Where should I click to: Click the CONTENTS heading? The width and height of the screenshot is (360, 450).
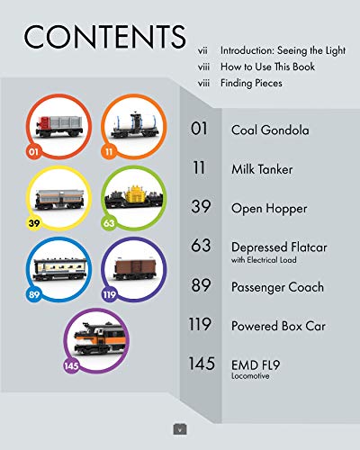coord(104,37)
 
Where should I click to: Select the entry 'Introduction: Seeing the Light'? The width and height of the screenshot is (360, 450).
coord(283,50)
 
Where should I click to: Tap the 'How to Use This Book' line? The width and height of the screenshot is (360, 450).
coord(267,67)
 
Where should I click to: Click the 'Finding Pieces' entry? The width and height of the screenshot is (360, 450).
coord(251,83)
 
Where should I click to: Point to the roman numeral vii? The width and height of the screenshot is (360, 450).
coord(202,50)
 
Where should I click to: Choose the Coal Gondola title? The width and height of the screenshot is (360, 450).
coord(270,130)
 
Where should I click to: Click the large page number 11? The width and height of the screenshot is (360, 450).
coord(199,167)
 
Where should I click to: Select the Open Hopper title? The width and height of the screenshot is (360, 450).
coord(269,209)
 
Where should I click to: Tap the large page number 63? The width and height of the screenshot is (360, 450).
coord(201,246)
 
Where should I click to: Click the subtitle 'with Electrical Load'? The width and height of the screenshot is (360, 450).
coord(264,260)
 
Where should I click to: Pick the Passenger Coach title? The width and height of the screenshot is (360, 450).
coord(277,287)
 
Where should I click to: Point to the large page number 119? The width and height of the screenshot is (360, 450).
coord(200,324)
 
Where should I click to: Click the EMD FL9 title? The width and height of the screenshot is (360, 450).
coord(256,365)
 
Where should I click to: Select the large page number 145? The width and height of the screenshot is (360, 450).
coord(202,364)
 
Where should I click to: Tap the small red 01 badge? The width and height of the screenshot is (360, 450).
coord(33,151)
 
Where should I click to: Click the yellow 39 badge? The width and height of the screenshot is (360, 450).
coord(34,223)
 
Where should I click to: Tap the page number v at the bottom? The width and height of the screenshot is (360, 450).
coord(180,430)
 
